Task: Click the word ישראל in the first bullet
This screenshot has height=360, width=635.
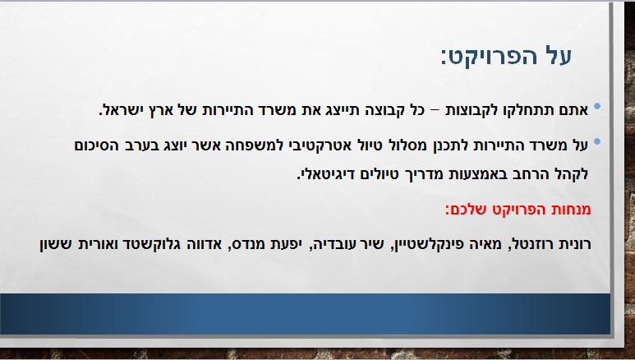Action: tap(127, 109)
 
